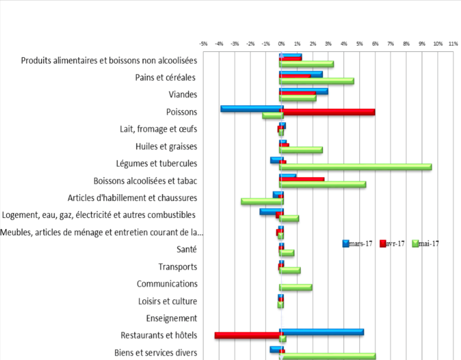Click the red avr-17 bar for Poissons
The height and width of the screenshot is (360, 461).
327,112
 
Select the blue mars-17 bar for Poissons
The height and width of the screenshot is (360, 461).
251,108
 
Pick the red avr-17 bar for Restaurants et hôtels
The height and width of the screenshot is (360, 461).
247,335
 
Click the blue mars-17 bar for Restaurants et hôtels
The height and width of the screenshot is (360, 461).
322,332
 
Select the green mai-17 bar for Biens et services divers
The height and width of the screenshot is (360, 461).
328,356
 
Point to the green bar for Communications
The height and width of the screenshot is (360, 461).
296,287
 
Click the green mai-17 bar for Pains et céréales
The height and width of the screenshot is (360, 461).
317,81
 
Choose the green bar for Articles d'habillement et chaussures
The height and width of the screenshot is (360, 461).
261,201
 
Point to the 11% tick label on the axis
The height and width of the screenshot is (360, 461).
453,43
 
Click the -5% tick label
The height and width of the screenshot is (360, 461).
203,43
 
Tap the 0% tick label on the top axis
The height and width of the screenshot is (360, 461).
281,43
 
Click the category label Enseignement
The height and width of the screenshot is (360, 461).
171,318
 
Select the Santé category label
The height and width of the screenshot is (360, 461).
186,250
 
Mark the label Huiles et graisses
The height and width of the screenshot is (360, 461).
166,146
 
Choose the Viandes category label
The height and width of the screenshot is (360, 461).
183,95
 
